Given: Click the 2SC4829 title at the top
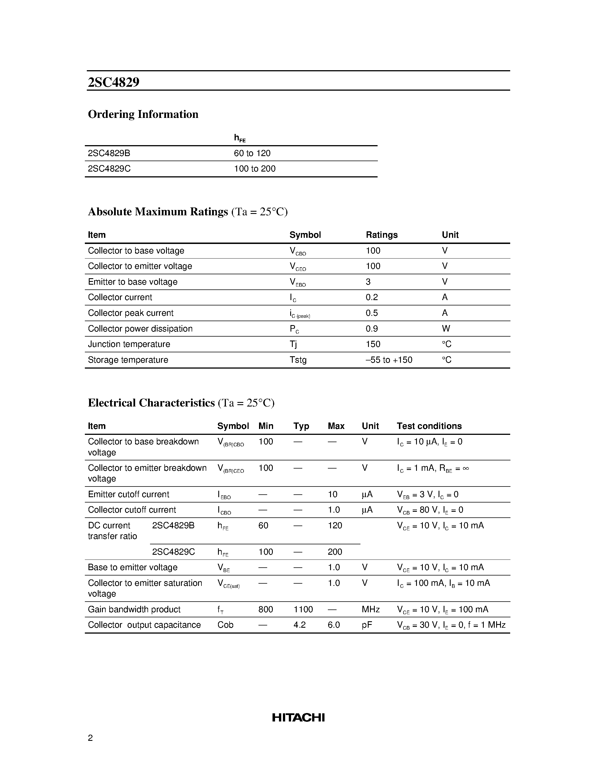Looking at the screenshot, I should tap(114, 82).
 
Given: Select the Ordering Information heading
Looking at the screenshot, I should tap(143, 114).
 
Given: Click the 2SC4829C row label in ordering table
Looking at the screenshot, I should tap(109, 169).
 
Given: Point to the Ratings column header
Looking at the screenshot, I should tap(381, 235).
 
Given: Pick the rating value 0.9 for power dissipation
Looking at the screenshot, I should tap(371, 328).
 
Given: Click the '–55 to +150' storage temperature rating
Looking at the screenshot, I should tap(389, 360).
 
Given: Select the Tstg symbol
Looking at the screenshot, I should tap(298, 360).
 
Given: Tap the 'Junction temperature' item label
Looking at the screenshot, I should tap(129, 344).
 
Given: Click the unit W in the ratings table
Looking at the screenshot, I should tap(446, 328).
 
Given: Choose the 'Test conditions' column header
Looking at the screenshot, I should tap(429, 426).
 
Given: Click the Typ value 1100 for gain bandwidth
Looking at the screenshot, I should tap(303, 609).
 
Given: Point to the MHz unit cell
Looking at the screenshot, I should tap(370, 609).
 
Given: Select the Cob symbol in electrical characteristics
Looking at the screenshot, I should tap(225, 625).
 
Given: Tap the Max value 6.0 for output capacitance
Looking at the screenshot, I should tap(333, 625).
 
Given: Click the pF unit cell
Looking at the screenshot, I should tap(367, 625).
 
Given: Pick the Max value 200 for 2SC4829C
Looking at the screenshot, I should tap(335, 552).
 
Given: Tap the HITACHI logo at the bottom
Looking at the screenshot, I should tap(298, 717).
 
